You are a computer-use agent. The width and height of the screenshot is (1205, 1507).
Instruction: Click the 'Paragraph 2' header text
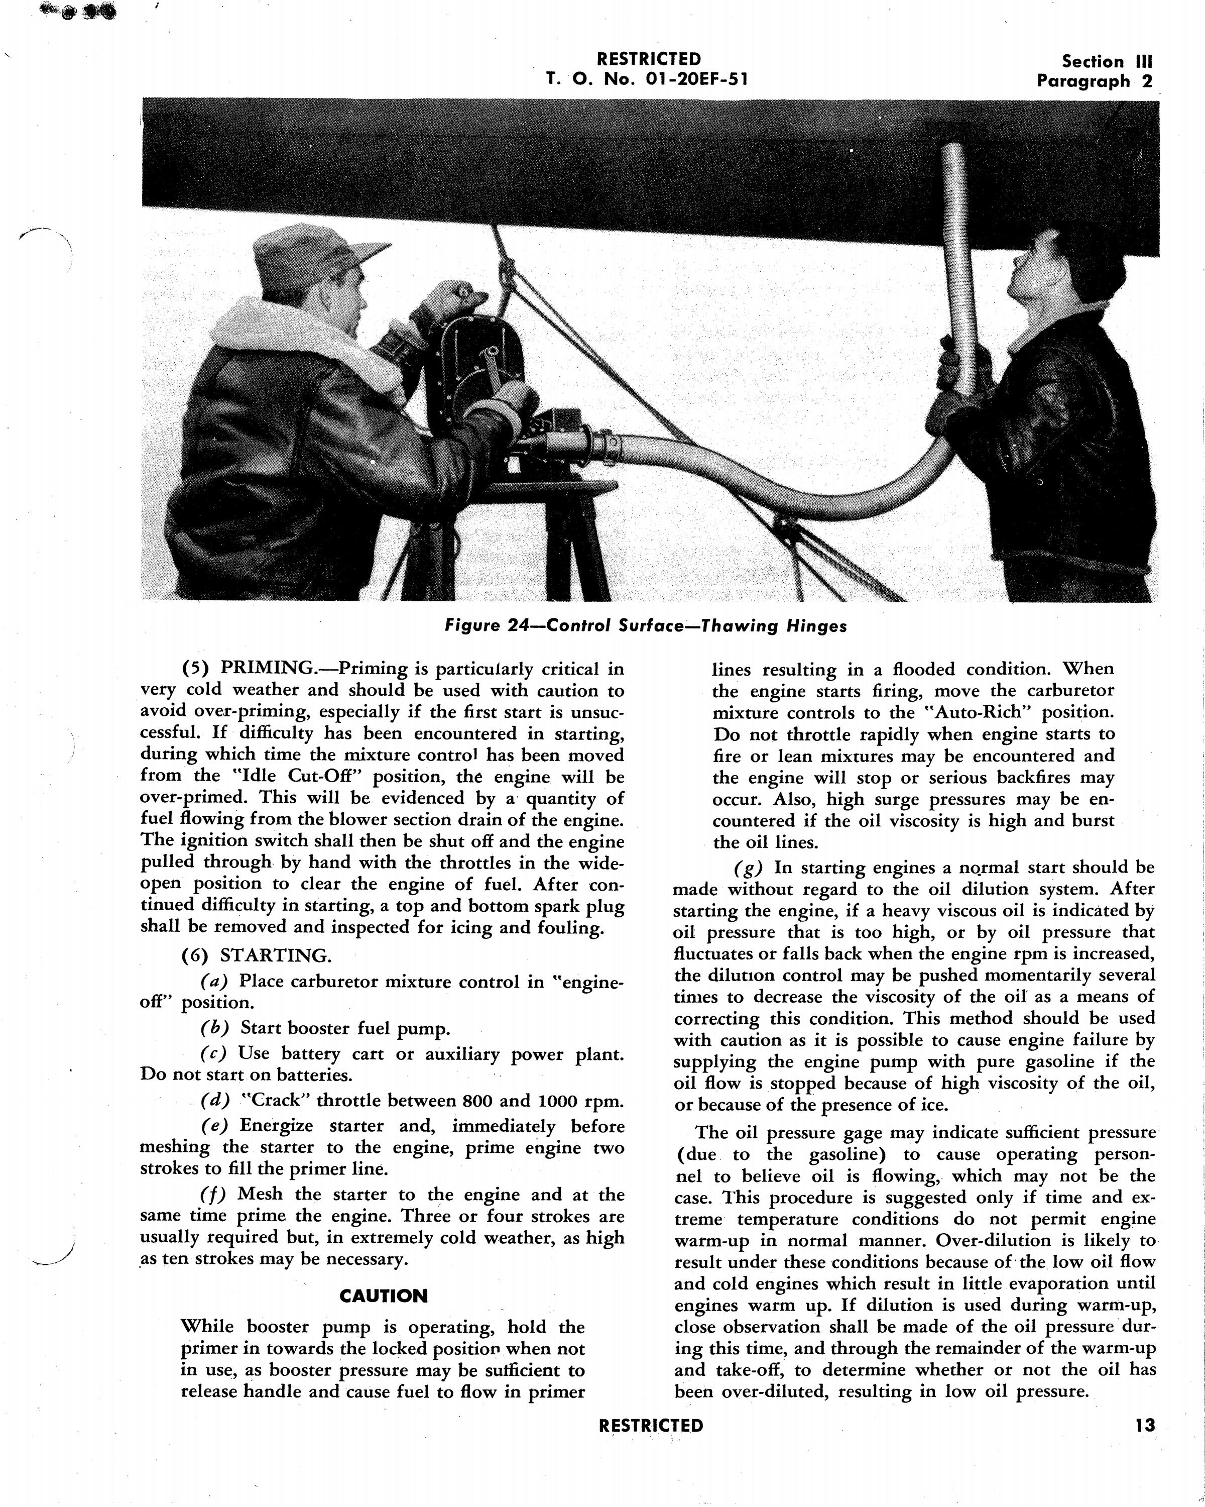click(x=1094, y=81)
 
